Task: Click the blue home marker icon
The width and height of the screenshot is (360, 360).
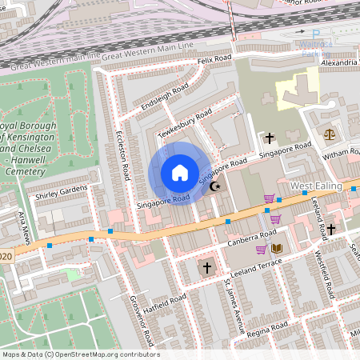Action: [x=180, y=173]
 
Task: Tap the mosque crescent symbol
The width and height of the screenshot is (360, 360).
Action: [x=214, y=186]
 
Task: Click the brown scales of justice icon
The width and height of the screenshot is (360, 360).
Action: [x=329, y=134]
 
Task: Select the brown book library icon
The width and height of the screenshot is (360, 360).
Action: [x=277, y=249]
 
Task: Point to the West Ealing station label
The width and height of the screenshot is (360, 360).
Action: [x=316, y=186]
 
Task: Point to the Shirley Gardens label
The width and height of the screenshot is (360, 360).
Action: [x=61, y=191]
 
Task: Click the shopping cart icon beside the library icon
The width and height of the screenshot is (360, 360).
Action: [x=261, y=249]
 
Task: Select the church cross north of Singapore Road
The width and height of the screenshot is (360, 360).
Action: [x=270, y=137]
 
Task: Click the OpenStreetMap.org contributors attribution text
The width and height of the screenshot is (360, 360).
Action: [x=104, y=354]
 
